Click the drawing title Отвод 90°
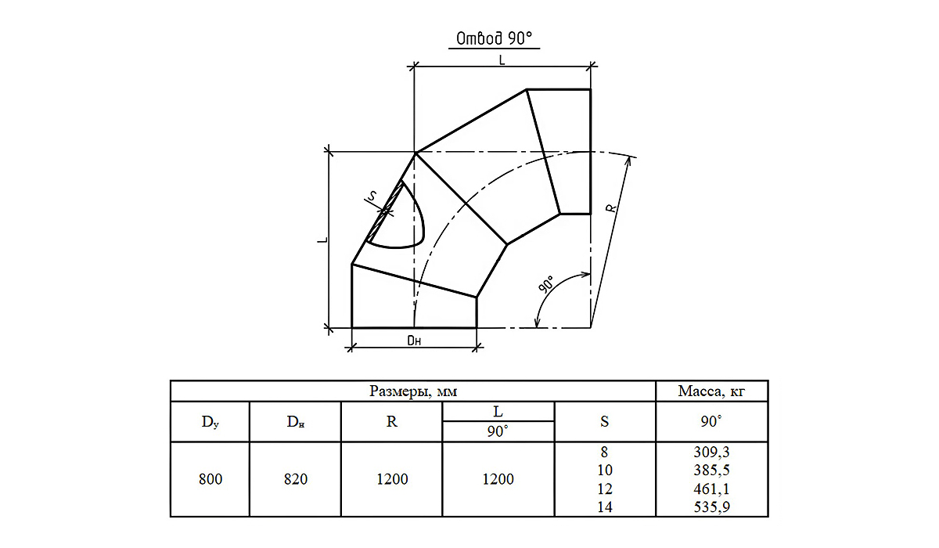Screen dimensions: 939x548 (x=494, y=38)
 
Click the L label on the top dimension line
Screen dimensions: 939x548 (x=502, y=60)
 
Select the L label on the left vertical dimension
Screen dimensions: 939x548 (x=322, y=240)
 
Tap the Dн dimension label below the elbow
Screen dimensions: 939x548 (x=414, y=341)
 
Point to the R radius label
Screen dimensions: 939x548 (x=612, y=207)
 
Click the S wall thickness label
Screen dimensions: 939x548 (x=372, y=196)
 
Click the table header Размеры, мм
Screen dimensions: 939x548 (x=413, y=391)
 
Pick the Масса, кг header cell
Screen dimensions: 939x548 (x=711, y=391)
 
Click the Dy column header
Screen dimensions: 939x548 (x=210, y=422)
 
